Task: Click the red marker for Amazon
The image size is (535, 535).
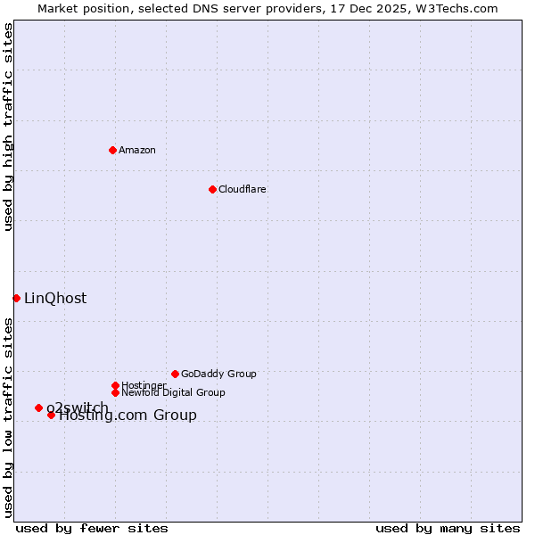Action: coord(112,150)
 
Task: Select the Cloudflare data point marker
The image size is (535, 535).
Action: coord(212,189)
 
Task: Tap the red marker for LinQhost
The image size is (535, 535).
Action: coord(16,298)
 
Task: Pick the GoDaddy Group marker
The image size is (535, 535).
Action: coord(175,374)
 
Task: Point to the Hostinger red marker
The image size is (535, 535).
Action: coord(115,385)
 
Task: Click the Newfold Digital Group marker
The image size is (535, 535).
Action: coord(115,392)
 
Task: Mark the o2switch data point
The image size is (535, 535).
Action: coord(38,407)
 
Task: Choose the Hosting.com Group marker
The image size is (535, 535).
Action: coord(51,415)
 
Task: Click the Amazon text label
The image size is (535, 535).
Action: coord(136,150)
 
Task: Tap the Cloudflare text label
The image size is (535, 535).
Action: coord(242,189)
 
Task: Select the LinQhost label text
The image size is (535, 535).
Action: coord(55,298)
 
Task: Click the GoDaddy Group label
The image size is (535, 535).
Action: coord(218,374)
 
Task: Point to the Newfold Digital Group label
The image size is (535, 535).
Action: coord(173,392)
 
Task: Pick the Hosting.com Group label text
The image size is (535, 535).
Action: coord(128,416)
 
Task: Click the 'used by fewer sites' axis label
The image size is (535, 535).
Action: coord(92,528)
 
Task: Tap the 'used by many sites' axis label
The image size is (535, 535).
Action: coord(448,528)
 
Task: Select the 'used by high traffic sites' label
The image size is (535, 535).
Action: coord(8,127)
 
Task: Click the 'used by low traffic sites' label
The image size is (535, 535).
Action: coord(8,416)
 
